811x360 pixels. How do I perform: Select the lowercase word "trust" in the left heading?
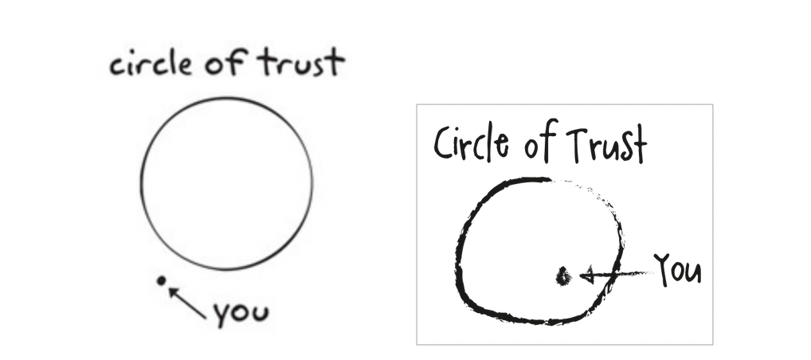click(299, 62)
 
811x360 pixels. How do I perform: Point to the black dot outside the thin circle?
click(162, 280)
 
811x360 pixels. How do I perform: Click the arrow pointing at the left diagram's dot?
click(187, 303)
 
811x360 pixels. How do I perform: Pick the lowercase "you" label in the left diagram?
click(240, 314)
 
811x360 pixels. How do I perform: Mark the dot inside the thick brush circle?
click(563, 276)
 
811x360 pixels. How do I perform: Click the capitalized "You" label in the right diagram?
click(678, 270)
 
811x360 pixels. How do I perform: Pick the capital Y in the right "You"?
click(663, 269)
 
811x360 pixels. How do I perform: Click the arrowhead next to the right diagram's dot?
click(586, 276)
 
